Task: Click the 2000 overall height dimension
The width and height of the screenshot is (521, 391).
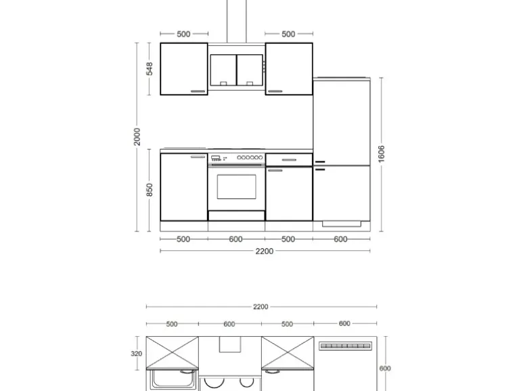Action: click(137, 137)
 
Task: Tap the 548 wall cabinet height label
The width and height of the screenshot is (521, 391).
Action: click(150, 69)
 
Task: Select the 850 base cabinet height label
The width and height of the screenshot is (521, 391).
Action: click(150, 189)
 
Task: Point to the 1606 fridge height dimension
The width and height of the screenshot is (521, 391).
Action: click(381, 154)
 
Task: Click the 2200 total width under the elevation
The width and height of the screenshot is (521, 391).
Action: click(265, 251)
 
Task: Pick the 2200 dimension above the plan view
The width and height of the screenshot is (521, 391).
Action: click(260, 306)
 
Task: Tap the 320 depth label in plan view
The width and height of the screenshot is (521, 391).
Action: click(136, 354)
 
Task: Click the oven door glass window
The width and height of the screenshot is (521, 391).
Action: click(237, 187)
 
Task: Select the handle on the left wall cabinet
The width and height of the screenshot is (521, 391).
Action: click(198, 91)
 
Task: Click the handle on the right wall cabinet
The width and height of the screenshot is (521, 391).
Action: click(275, 91)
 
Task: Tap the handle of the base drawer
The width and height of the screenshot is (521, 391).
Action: click(289, 160)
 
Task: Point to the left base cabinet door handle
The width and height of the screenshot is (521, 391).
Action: click(198, 156)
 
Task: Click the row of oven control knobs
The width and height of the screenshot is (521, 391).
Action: click(250, 158)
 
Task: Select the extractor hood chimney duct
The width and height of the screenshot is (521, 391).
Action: click(237, 21)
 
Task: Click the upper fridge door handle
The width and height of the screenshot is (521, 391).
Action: click(320, 162)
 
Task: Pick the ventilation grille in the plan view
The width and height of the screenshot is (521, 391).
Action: click(345, 346)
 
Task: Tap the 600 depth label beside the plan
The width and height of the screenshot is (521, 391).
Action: click(385, 369)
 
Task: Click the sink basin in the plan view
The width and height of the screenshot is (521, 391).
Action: click(172, 379)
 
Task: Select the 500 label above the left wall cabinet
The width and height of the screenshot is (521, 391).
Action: click(184, 34)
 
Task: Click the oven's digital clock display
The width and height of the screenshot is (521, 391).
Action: click(215, 157)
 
